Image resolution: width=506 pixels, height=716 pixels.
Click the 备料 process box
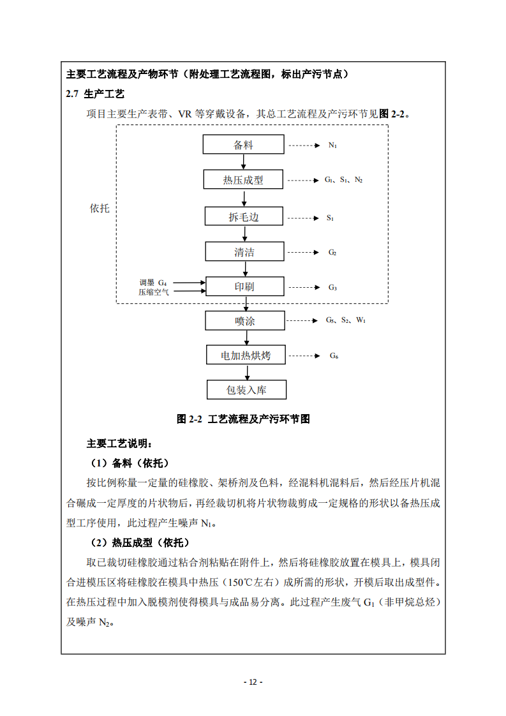click(x=243, y=145)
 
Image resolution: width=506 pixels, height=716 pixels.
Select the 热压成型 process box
click(x=243, y=180)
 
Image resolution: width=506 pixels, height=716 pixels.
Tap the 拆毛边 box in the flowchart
click(x=244, y=217)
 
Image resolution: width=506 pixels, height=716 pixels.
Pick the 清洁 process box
click(x=244, y=252)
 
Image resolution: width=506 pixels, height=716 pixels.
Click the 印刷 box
click(x=244, y=287)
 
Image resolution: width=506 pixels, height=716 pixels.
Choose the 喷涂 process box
click(x=244, y=321)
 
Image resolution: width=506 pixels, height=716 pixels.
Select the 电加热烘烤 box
click(x=245, y=355)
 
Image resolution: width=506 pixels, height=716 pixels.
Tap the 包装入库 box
click(x=246, y=389)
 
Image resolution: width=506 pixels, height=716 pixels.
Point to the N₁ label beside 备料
click(x=332, y=145)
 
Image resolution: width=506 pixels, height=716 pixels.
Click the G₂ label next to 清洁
click(x=332, y=253)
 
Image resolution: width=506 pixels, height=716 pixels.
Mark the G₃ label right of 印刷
click(x=332, y=287)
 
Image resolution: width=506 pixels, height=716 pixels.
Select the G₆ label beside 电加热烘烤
click(x=333, y=356)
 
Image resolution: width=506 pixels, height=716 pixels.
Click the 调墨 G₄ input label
click(x=153, y=282)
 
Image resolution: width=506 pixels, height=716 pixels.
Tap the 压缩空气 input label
click(x=154, y=292)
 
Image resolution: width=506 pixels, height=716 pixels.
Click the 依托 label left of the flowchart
click(x=100, y=209)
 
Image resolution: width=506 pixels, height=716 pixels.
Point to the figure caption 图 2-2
click(x=243, y=419)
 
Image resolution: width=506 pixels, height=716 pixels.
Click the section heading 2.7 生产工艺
click(x=95, y=94)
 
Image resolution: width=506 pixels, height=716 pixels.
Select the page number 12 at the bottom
click(x=253, y=682)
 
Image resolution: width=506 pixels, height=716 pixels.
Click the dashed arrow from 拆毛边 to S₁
click(x=303, y=218)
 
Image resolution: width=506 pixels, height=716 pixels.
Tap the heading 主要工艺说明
click(x=119, y=444)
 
